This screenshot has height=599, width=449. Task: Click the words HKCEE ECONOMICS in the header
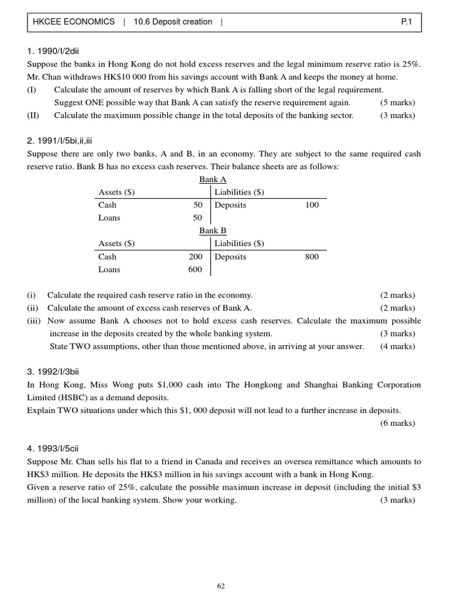74,22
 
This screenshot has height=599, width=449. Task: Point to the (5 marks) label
397,102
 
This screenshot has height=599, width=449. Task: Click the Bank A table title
213,180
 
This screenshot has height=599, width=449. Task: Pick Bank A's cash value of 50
198,205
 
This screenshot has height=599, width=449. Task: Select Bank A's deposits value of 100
312,205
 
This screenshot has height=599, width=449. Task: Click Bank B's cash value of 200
195,256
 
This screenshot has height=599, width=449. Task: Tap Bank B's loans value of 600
195,269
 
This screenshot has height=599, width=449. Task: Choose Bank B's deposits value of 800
312,256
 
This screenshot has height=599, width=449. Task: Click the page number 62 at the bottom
220,586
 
